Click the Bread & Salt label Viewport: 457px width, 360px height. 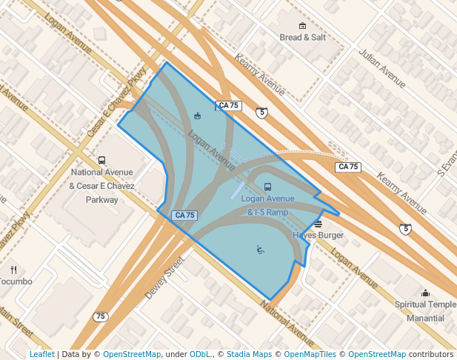302,37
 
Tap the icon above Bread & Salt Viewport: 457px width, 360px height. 302,25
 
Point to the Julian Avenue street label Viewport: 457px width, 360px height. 382,68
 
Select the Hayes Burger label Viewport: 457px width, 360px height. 318,236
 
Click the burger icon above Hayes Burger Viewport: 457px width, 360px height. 318,224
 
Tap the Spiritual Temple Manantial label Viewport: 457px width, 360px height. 425,311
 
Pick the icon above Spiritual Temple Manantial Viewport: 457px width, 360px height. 425,293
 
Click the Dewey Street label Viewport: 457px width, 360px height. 164,278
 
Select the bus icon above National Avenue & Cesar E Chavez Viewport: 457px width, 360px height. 101,160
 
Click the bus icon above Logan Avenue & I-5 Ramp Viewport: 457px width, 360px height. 267,187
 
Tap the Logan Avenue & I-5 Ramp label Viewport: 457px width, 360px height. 267,205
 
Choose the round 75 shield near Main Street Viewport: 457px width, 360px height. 101,316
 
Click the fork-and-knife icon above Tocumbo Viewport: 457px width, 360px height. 14,270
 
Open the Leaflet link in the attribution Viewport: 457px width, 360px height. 41,354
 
